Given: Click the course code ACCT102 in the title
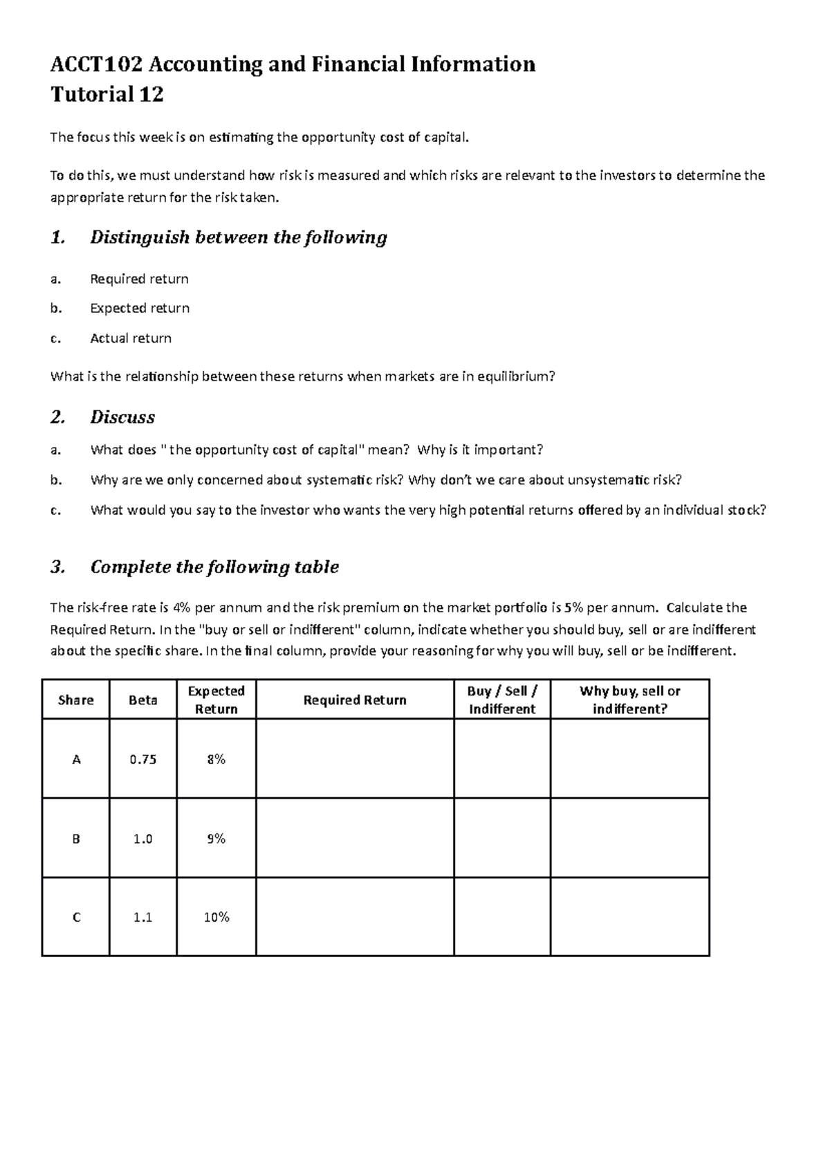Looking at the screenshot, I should point(98,64).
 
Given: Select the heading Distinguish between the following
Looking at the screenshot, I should point(238,237).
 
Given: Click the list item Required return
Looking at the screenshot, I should point(139,279).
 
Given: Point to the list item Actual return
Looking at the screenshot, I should point(131,338).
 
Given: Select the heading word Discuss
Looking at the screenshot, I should point(122,417).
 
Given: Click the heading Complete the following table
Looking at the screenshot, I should point(214,567).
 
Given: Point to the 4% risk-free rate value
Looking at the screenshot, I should point(181,608).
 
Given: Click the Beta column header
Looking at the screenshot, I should point(143,700).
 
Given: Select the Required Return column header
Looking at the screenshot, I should point(355,700).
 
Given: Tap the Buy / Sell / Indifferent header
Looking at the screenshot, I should point(502,700).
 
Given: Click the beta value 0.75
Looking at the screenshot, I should point(143,759).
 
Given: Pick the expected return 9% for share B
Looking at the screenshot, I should point(216,839).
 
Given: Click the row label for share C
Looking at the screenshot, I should point(76,918).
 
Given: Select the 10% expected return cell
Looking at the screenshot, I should point(216,918).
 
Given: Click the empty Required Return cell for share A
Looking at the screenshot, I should point(355,759).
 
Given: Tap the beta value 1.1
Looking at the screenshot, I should point(143,918).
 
